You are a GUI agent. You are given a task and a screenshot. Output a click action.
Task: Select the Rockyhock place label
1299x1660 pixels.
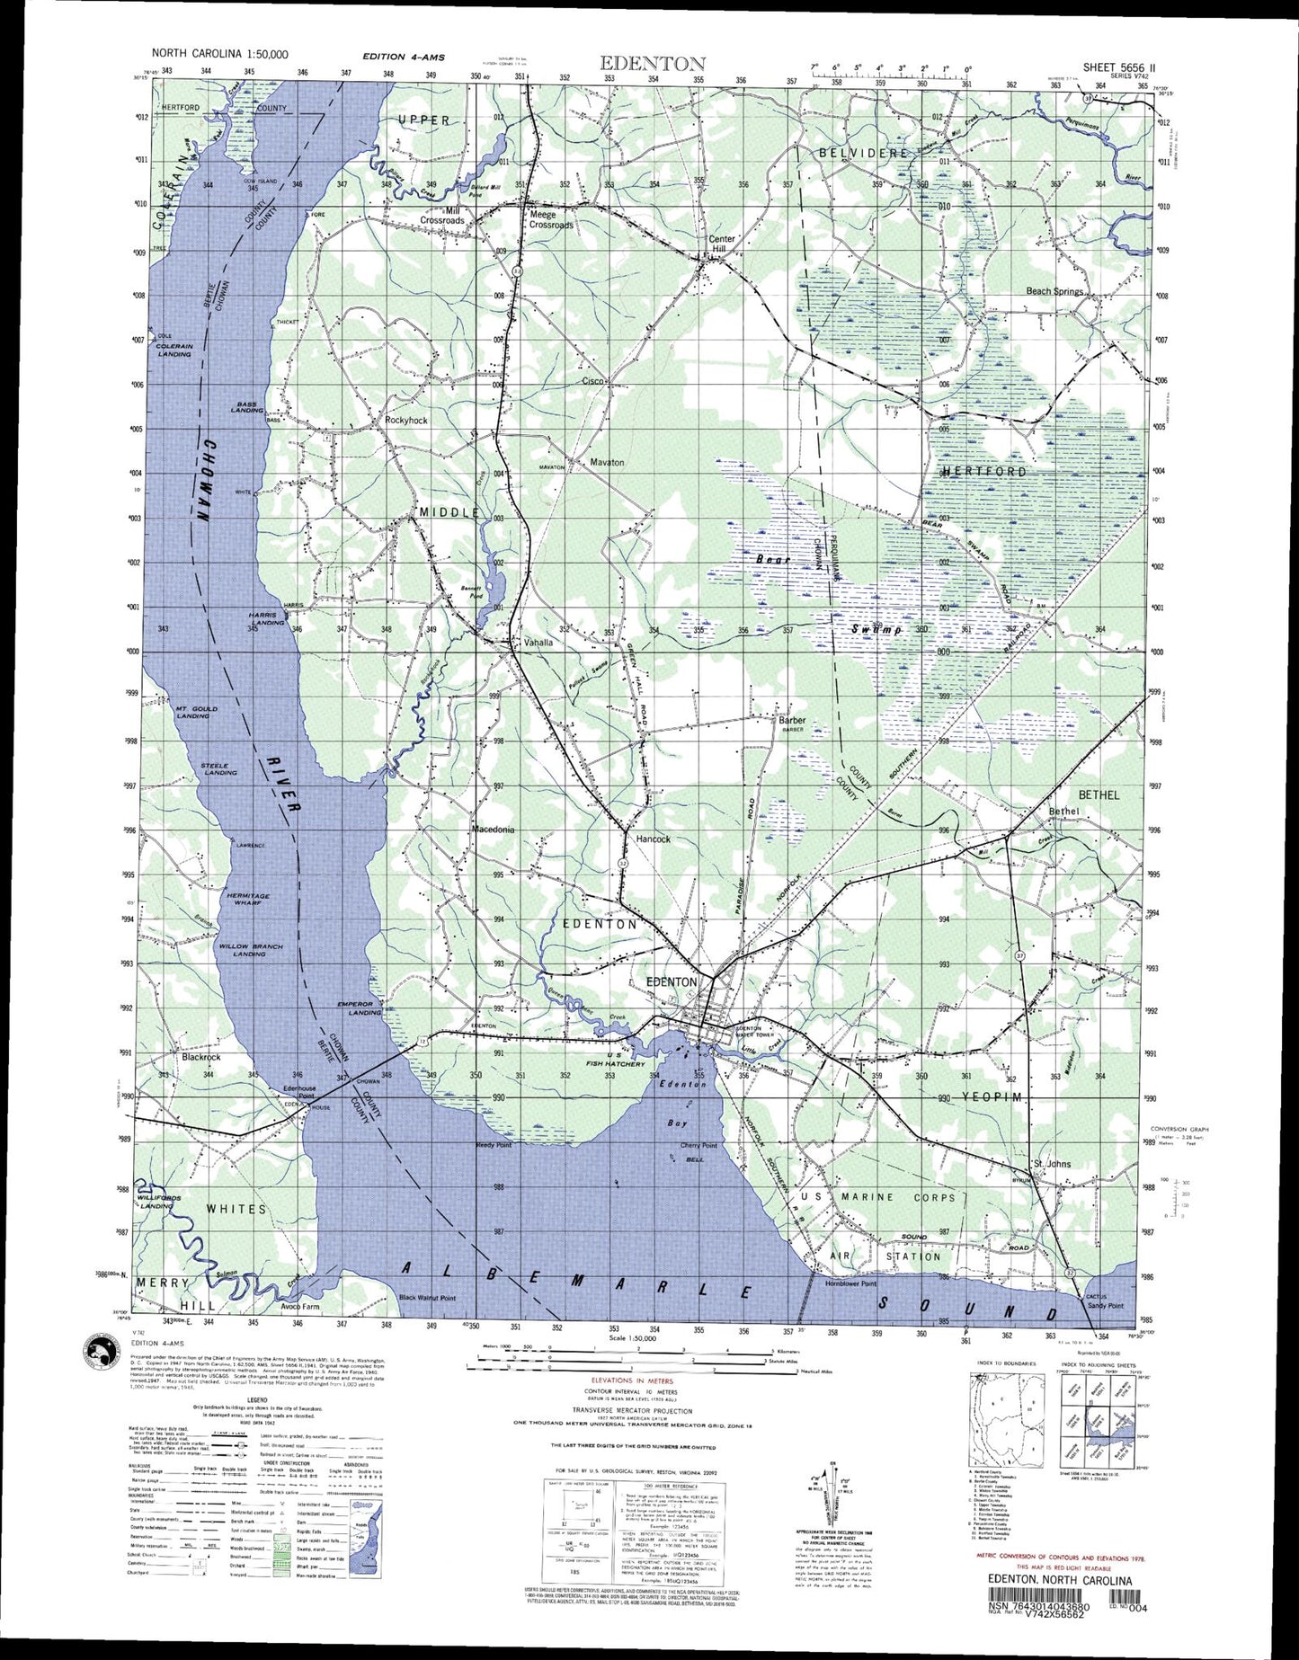point(405,420)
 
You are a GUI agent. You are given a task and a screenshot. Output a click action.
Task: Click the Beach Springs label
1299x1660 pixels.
point(1054,291)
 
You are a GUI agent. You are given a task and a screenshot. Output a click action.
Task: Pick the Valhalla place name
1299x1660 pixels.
point(538,643)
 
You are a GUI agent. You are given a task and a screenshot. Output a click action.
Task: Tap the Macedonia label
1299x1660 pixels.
point(493,830)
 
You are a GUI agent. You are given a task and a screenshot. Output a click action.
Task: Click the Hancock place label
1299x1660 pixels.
point(654,839)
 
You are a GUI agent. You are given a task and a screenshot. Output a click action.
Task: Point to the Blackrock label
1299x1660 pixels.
point(200,1057)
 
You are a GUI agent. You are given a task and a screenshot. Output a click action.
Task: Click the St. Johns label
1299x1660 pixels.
point(1051,1164)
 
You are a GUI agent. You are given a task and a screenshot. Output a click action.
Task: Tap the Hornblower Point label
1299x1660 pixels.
point(850,1283)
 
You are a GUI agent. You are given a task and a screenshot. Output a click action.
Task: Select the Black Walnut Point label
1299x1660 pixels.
point(427,1298)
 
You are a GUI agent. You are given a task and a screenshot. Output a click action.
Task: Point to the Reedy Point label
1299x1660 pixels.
point(494,1145)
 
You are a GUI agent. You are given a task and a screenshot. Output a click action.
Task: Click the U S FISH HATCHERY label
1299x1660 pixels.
point(613,1060)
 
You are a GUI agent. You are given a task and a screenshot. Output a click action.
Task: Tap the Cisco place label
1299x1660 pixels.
point(593,381)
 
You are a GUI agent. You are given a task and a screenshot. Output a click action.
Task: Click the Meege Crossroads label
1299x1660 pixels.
point(550,219)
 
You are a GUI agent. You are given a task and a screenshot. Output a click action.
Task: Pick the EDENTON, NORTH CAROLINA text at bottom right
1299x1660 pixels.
point(1059,1580)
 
